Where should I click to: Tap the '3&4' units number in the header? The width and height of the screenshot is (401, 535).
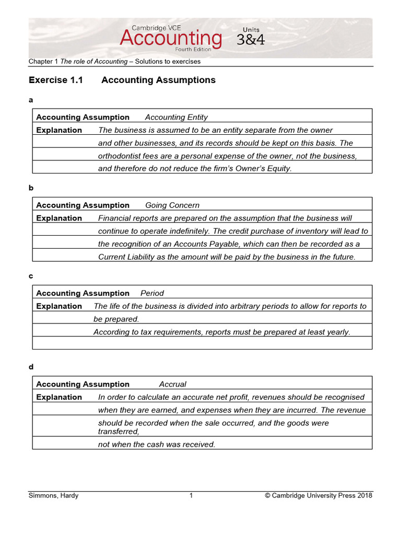click(251, 40)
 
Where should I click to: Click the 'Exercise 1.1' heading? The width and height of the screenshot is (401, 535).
click(55, 80)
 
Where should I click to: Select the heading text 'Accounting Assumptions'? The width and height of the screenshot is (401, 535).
click(158, 80)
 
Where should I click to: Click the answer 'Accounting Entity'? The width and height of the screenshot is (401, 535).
click(176, 118)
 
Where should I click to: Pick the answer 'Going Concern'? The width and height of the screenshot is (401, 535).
click(172, 205)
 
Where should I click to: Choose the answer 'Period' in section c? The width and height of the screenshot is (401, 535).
click(152, 294)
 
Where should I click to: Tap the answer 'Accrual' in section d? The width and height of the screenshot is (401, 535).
click(172, 385)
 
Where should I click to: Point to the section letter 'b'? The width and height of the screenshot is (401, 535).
click(31, 187)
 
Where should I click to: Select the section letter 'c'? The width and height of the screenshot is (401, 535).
click(31, 275)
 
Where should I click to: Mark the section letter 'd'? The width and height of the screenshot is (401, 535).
click(31, 367)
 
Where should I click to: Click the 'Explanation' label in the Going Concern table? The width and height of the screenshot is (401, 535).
click(59, 218)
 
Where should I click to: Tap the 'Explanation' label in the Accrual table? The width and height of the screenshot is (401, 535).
click(59, 398)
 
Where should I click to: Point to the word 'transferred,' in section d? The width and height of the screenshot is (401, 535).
click(119, 432)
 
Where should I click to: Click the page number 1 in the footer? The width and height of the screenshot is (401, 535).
click(191, 496)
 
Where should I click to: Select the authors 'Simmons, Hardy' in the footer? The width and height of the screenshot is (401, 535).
click(53, 496)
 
